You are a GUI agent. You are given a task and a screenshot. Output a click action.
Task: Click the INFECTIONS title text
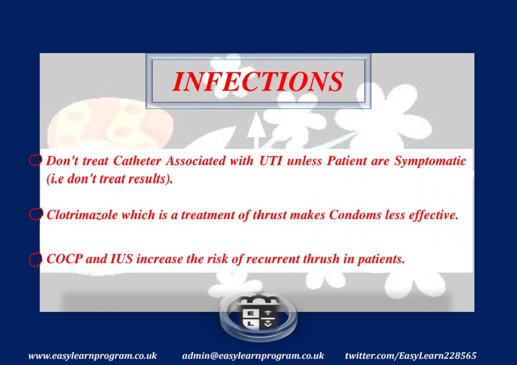coord(258,81)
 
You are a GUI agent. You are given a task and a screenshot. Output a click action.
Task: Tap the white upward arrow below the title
coord(256,131)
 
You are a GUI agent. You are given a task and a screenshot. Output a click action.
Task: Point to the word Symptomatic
coord(430,162)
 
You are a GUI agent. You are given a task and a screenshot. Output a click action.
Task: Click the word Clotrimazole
coord(82,215)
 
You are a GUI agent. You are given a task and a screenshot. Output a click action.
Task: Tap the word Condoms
coord(355,215)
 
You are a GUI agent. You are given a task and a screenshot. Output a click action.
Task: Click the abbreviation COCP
coord(64,259)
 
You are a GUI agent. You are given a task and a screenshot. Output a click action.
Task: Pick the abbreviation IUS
coord(121,259)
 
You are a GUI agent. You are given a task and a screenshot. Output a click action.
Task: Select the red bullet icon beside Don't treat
coord(35,161)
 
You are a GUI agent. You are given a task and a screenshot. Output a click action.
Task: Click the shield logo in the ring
coord(258,316)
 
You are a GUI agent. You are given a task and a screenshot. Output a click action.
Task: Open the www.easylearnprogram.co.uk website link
coord(93,356)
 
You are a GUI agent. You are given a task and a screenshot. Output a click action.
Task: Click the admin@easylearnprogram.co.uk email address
coord(253,356)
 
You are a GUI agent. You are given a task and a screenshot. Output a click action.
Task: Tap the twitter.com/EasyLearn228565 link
coord(410,356)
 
